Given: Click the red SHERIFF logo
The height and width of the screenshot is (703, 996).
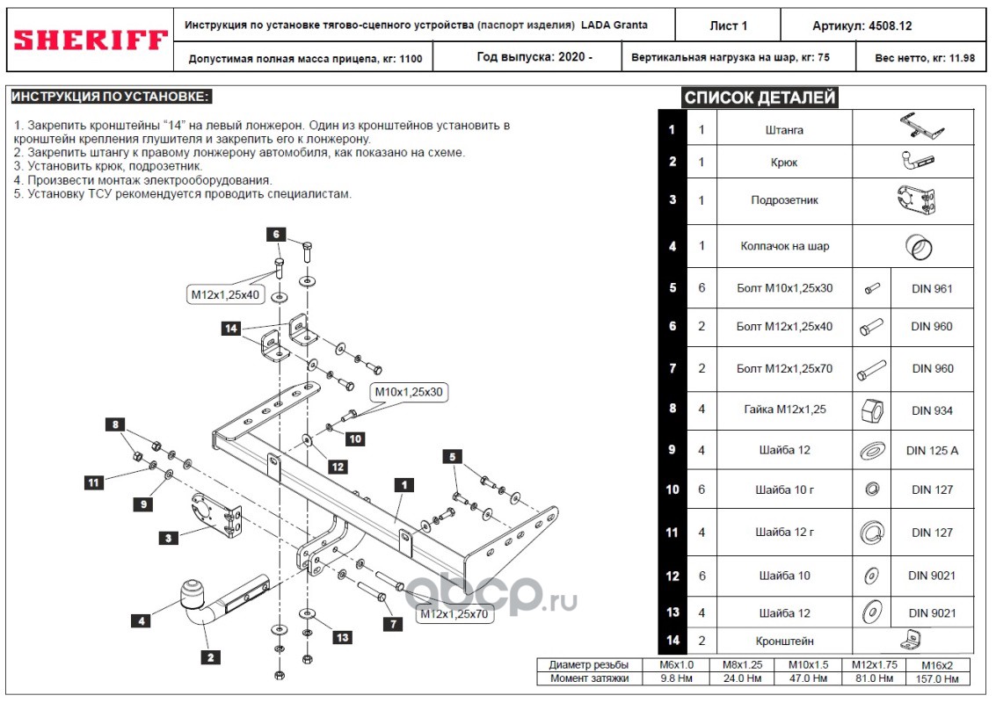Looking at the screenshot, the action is tap(91, 40).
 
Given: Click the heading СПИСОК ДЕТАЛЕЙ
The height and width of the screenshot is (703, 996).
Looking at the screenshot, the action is tap(760, 98).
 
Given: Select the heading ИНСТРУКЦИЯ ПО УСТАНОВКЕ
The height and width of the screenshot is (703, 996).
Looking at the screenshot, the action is tap(111, 97).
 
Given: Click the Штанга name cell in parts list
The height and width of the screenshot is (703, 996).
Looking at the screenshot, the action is tap(784, 129).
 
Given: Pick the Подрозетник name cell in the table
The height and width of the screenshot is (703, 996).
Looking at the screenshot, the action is tap(784, 200).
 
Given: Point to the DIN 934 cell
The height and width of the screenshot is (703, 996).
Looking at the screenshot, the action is tap(932, 411).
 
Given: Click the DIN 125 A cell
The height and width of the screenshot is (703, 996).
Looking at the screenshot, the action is tap(932, 450).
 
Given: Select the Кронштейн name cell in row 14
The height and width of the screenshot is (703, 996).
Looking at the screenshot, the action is tap(784, 641).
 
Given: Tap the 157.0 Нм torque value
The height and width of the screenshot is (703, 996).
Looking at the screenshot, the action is tap(937, 679).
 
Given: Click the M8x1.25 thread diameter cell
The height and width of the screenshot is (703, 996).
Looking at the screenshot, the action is tap(743, 665).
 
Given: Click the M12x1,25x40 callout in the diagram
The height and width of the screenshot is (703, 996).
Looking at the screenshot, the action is tap(226, 294).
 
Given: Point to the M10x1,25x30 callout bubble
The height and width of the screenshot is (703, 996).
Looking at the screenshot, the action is tap(409, 392).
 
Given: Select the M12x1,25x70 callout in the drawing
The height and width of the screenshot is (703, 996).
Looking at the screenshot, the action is tap(454, 614).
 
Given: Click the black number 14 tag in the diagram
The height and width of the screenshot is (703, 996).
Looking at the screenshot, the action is tap(230, 329).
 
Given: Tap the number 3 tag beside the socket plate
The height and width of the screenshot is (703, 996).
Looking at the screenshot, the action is tap(168, 538).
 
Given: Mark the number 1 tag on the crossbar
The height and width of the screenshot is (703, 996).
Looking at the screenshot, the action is tap(404, 485).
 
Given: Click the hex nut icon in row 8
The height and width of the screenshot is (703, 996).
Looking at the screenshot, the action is tap(871, 411).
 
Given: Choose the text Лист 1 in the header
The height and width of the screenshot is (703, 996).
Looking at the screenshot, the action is tap(728, 26).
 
